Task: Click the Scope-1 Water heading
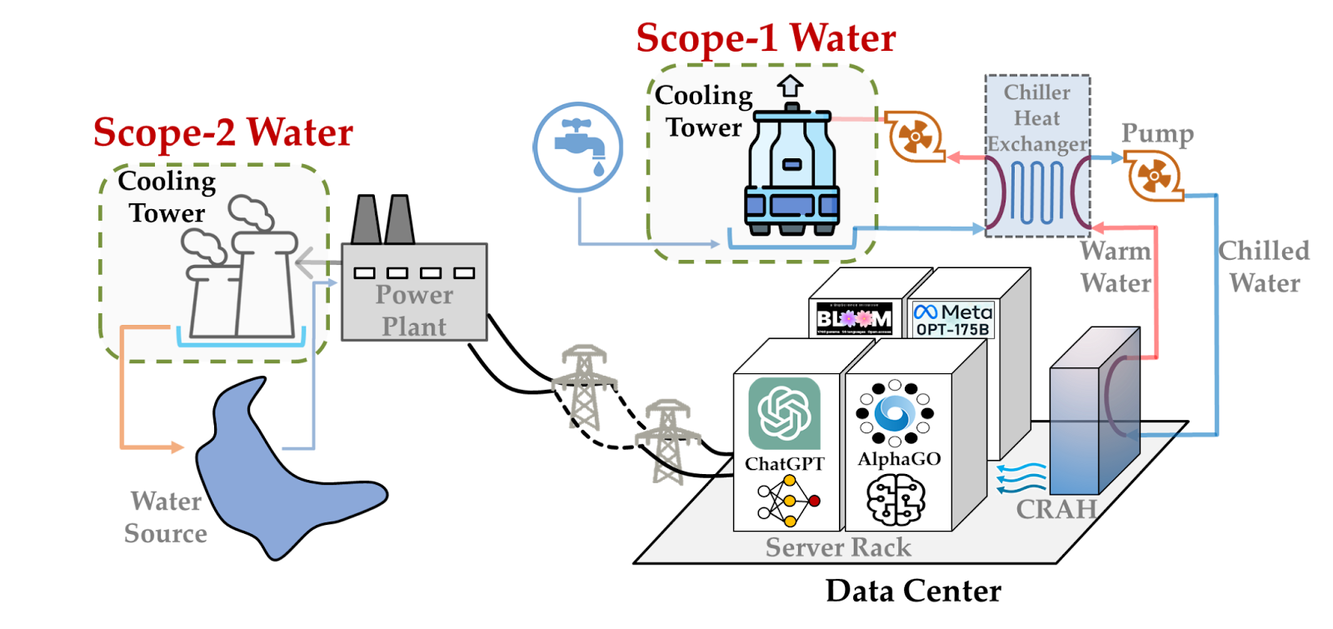(x=766, y=38)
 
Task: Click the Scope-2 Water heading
(x=223, y=132)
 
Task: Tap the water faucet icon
(x=578, y=147)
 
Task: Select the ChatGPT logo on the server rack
(x=784, y=413)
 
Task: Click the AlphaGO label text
(x=899, y=459)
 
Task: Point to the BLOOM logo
(x=854, y=318)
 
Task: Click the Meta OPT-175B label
(x=953, y=320)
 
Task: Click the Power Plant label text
(x=414, y=310)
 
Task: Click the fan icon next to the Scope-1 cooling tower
(x=914, y=135)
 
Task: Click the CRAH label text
(x=1056, y=508)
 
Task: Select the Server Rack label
(x=838, y=547)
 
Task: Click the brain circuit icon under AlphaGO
(x=896, y=501)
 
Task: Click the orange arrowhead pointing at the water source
(x=177, y=447)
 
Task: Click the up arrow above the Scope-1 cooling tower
(x=790, y=86)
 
